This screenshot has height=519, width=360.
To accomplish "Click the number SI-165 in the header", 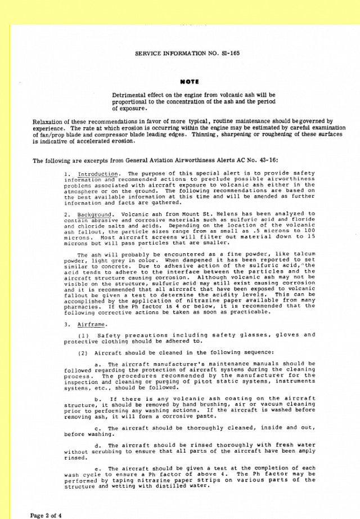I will click(230, 53).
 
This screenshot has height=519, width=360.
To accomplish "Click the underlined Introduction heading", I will click(98, 174).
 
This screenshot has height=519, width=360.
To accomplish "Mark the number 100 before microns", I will click(309, 231).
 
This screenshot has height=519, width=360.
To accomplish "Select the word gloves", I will click(273, 335).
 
